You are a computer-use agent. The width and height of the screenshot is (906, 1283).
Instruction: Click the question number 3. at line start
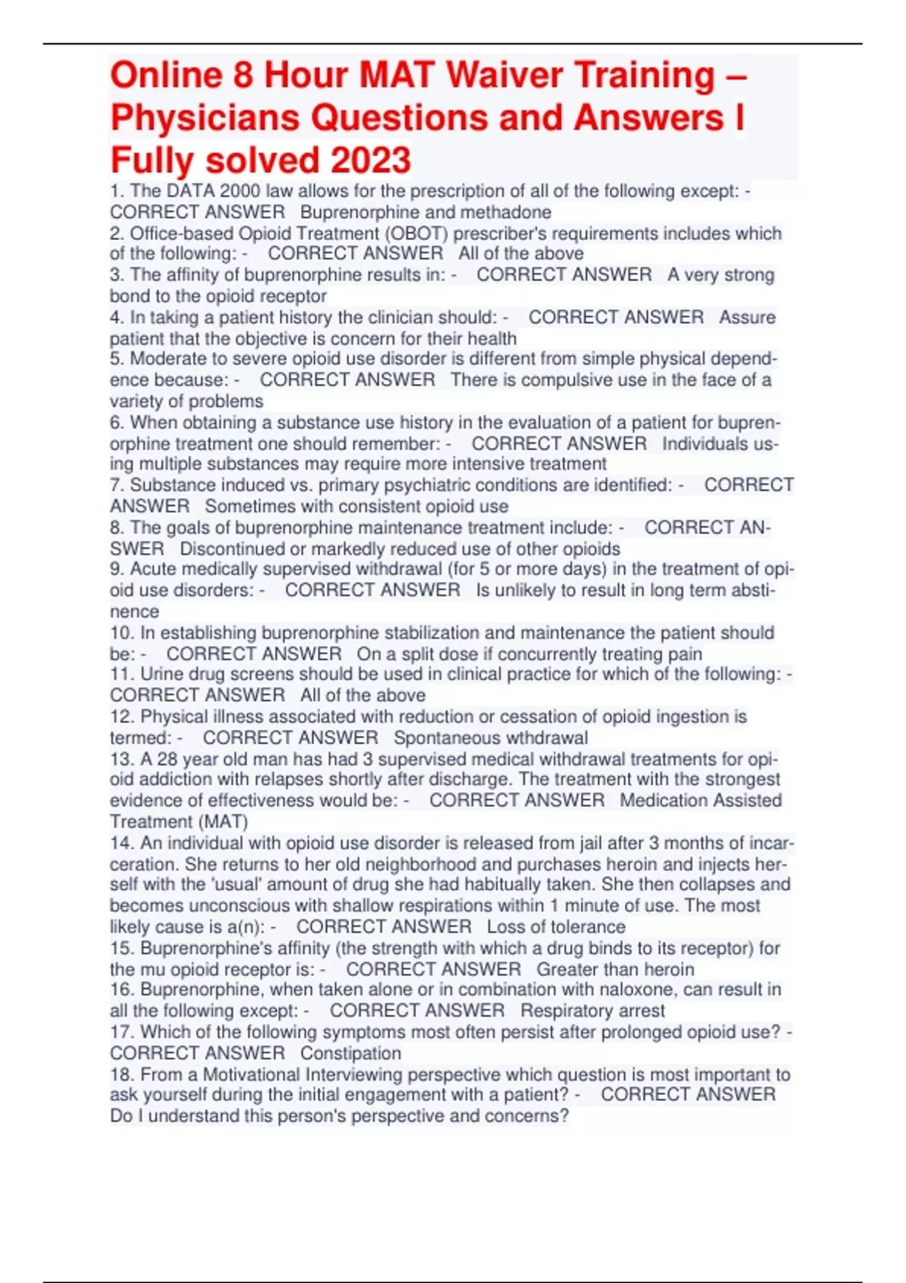coord(117,275)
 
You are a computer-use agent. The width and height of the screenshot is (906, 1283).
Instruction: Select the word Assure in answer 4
coord(747,317)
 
